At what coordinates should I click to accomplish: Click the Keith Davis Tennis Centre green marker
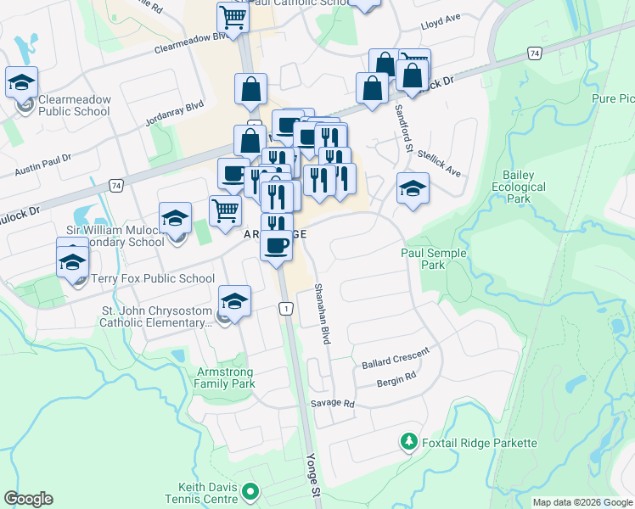pos(250,491)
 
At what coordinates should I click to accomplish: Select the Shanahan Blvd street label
pos(323,314)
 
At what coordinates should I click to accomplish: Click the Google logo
pos(28,499)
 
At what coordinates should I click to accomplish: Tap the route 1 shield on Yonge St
pos(287,308)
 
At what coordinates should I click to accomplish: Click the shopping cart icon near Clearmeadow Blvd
pos(232,16)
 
